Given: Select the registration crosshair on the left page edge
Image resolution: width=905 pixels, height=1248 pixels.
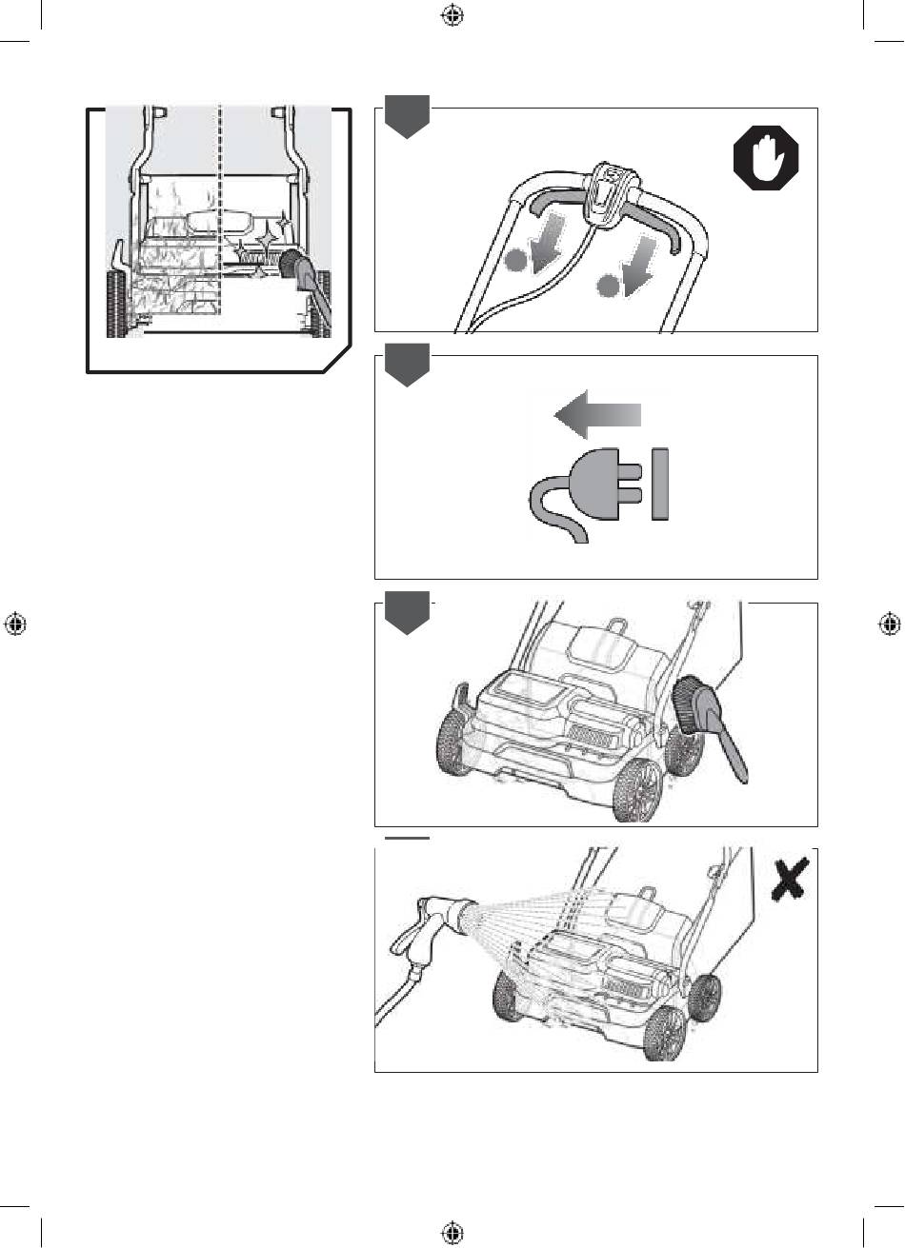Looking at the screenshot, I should (14, 624).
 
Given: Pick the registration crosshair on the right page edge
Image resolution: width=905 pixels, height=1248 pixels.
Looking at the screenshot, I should (890, 624).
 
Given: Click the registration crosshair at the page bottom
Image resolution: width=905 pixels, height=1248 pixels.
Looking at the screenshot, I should (452, 1233).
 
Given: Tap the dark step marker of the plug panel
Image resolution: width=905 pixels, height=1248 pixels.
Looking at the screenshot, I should (407, 366).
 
